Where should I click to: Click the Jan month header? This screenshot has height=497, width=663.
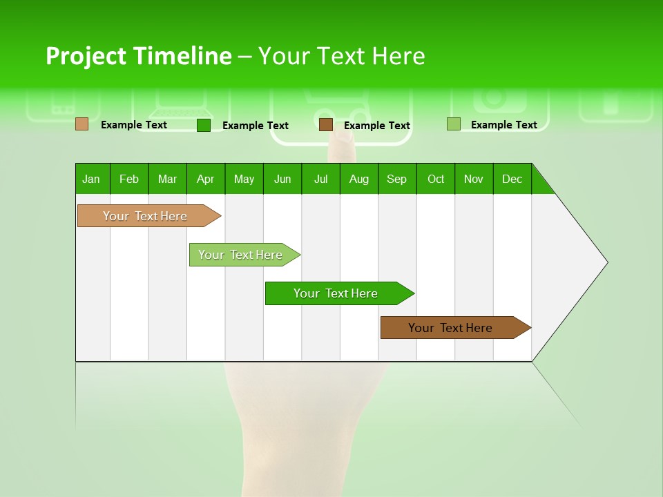92,179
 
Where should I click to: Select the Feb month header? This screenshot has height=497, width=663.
129,179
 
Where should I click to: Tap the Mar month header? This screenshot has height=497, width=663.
167,179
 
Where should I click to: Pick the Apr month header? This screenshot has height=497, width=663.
205,179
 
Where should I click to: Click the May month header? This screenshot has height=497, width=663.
244,179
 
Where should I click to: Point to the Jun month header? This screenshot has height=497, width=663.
282,179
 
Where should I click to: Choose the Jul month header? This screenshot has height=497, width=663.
320,179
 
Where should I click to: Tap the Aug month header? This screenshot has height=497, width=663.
358,179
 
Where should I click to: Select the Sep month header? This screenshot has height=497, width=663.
397,179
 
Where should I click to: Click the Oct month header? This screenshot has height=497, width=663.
436,179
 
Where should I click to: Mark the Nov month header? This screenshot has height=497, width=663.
474,179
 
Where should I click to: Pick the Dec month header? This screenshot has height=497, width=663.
512,179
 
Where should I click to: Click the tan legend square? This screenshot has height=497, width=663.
82,124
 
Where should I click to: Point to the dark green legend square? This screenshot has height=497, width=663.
204,125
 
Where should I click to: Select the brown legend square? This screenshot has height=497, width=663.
326,124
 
